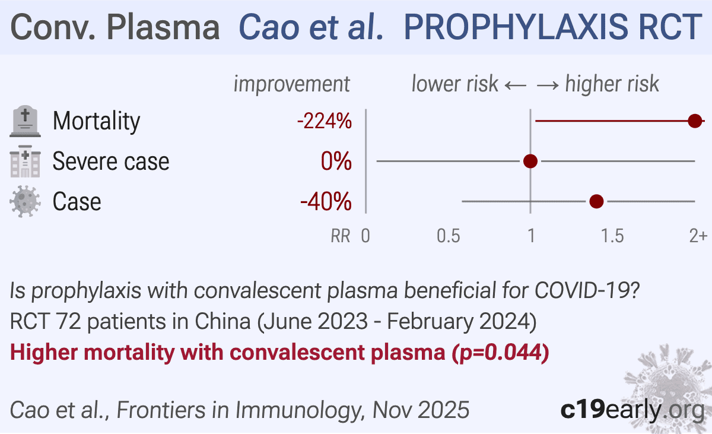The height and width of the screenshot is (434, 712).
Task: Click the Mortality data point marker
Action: [x=695, y=121]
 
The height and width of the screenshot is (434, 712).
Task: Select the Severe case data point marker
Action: [x=530, y=161]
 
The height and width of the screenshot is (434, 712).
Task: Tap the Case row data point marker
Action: [x=596, y=202]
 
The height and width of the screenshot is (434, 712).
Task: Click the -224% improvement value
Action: [x=325, y=122]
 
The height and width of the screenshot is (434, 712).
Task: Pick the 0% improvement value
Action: [x=336, y=161]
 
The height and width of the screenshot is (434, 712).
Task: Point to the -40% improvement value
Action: [x=326, y=202]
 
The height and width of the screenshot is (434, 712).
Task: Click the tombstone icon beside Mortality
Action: [x=25, y=122]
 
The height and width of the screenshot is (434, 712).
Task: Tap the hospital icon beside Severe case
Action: [x=25, y=161]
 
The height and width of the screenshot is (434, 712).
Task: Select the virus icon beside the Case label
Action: [x=25, y=202]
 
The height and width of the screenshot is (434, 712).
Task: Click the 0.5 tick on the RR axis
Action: [x=449, y=236]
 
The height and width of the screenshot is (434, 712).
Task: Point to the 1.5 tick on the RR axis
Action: [x=612, y=236]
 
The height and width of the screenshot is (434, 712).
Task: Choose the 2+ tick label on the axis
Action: [x=698, y=236]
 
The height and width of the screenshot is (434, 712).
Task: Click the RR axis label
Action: [x=340, y=236]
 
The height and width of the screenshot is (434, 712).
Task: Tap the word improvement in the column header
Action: [x=292, y=84]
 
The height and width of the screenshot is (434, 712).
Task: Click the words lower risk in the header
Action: [x=454, y=84]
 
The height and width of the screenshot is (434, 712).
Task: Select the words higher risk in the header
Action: [x=612, y=84]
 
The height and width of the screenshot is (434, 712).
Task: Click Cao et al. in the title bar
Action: [x=310, y=27]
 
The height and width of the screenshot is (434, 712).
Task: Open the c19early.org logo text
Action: [x=632, y=410]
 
